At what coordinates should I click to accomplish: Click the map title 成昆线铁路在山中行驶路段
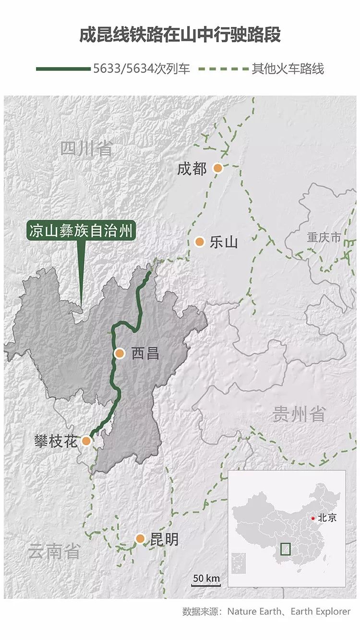(x=180, y=36)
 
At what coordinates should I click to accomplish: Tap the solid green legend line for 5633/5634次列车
(x=63, y=69)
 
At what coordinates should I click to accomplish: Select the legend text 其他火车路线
(x=288, y=69)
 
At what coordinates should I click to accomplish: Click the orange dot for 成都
(x=218, y=168)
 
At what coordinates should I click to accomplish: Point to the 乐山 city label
(x=224, y=242)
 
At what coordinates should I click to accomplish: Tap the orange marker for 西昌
(x=120, y=354)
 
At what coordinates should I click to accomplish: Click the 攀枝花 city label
(x=55, y=441)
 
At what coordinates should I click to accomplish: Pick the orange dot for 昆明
(x=140, y=539)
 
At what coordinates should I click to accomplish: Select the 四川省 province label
(x=86, y=149)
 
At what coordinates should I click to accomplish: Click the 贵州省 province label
(x=299, y=414)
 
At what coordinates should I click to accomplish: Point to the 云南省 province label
(x=54, y=551)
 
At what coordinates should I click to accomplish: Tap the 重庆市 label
(x=324, y=237)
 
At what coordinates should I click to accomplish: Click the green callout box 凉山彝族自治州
(x=80, y=232)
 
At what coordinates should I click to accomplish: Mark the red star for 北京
(x=313, y=518)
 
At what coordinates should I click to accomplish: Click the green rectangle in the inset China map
(x=285, y=548)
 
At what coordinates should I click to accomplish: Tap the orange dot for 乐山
(x=200, y=242)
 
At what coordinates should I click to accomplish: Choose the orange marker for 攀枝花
(x=86, y=441)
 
